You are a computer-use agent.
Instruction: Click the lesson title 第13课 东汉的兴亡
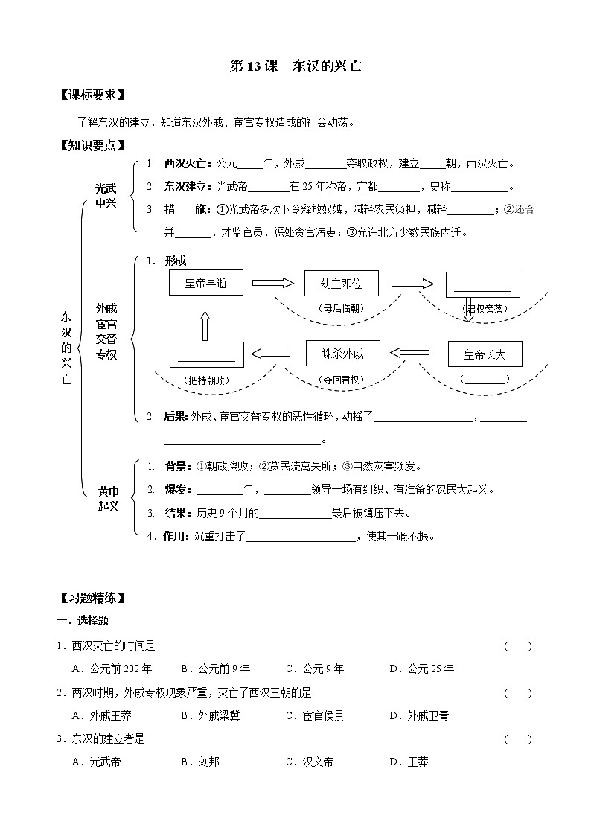(295, 66)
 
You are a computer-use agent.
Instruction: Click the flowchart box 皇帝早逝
(205, 283)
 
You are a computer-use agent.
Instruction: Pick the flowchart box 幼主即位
(342, 283)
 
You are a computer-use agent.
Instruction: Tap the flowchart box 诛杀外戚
(342, 353)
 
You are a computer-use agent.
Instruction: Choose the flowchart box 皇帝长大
(485, 354)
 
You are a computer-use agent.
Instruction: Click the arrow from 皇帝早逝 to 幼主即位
(273, 283)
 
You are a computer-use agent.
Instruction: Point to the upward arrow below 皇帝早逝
(205, 324)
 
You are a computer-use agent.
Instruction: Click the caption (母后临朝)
(342, 307)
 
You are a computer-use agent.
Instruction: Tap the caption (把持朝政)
(205, 380)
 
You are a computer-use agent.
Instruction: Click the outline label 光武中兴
(106, 197)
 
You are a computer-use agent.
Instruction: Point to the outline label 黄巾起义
(109, 499)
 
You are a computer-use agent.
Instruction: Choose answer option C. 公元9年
(315, 669)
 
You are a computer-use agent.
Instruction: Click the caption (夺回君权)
(342, 380)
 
